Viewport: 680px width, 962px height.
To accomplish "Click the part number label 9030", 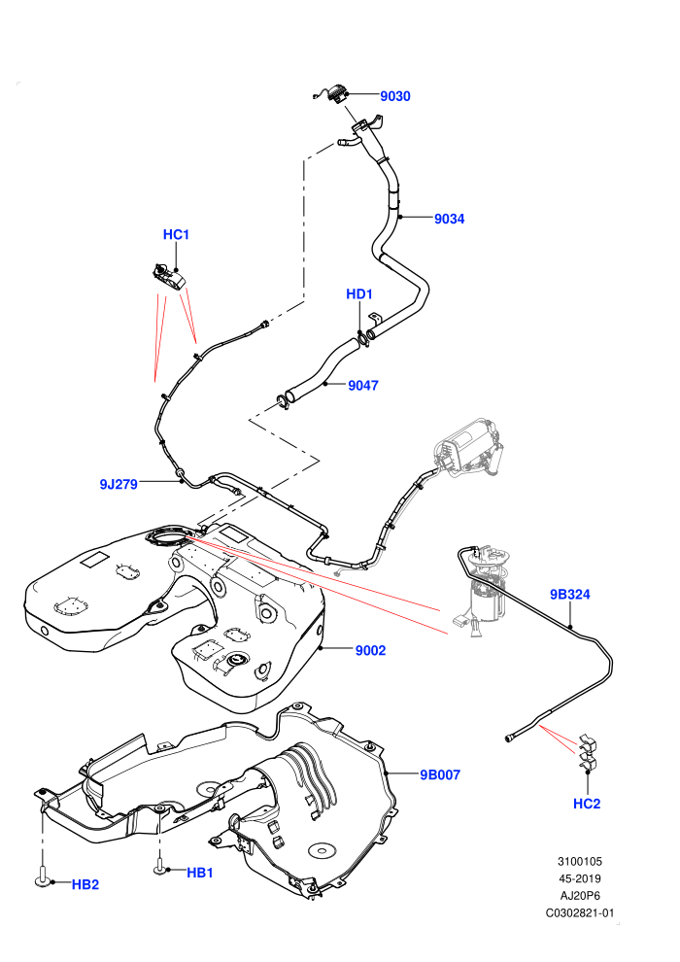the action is point(394,96).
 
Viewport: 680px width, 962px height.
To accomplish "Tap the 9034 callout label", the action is point(450,219).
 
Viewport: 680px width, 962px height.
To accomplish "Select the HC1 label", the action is point(176,235).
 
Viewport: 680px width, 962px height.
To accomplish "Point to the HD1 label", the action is point(359,294).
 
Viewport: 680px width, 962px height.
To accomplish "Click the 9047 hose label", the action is point(363,386).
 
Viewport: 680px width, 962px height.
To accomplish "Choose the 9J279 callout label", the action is point(119,485).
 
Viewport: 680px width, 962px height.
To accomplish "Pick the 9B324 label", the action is point(569,595).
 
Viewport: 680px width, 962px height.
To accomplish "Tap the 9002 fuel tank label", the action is point(370,651).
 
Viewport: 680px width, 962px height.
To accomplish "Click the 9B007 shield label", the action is point(440,774).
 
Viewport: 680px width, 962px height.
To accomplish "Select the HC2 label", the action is point(587,804).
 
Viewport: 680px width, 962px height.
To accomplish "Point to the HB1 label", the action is point(200,873).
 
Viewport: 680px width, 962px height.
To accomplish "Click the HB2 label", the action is point(85,884).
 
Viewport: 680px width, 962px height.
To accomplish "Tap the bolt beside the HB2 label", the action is point(43,876).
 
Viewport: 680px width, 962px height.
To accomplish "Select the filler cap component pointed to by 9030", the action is point(334,92).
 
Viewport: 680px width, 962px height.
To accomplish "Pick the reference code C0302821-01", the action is point(580,912).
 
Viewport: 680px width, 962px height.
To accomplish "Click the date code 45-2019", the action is point(580,878).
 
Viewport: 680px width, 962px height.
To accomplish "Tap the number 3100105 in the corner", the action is point(580,861).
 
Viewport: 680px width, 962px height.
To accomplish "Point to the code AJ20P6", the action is point(580,896).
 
